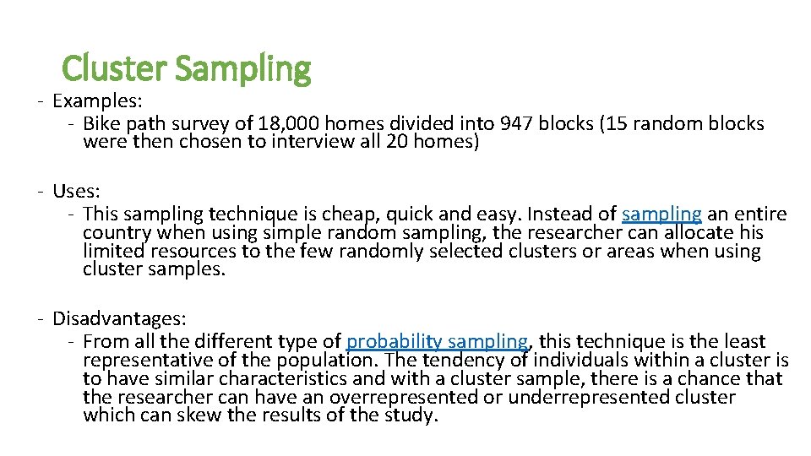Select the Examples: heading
click(x=97, y=101)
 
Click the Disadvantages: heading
click(x=119, y=319)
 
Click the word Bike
click(x=102, y=124)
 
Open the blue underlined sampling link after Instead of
click(x=661, y=214)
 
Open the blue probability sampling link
click(x=438, y=342)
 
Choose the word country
click(x=117, y=232)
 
